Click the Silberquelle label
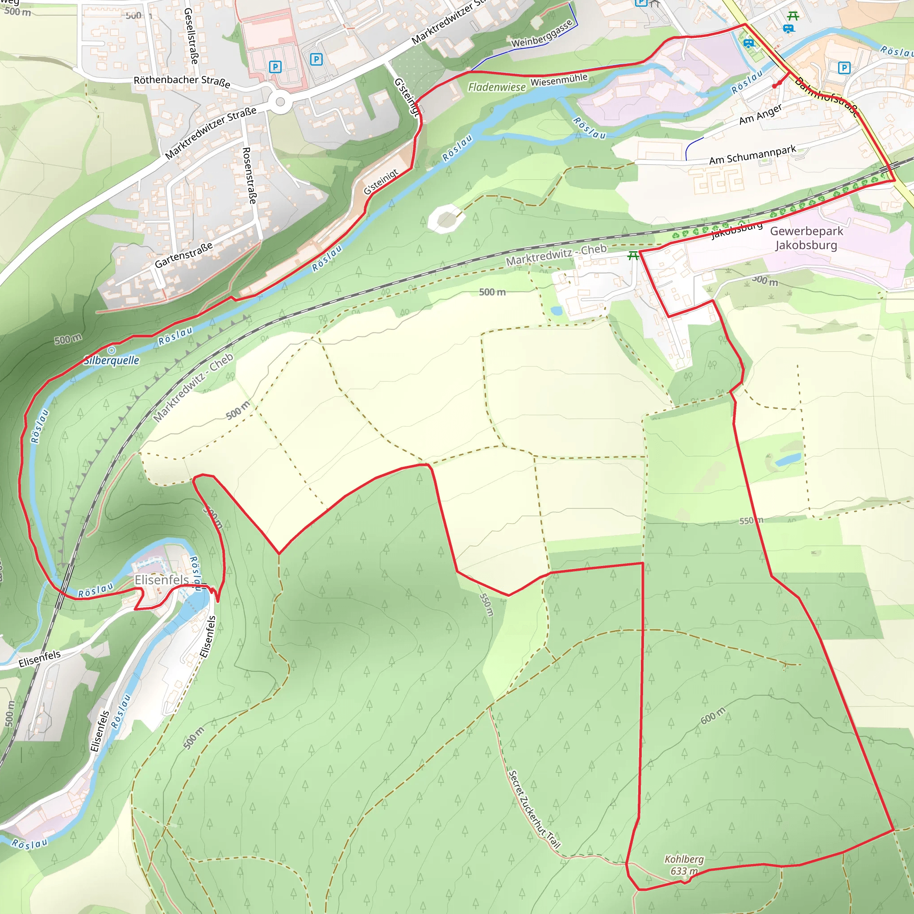coord(112,361)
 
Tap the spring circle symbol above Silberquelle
coord(112,350)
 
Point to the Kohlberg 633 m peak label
coord(684,865)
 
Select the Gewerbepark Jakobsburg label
coord(806,238)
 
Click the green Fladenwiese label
coord(497,87)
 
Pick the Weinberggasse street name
coord(542,34)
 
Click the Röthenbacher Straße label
coord(182,81)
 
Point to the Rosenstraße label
coord(249,175)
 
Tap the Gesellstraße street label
coord(191,36)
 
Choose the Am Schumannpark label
coord(753,155)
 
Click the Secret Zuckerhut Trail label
coord(534,809)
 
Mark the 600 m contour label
coord(712,716)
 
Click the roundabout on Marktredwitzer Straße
coord(281,102)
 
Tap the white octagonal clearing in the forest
coord(446,219)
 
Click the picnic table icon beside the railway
coord(633,256)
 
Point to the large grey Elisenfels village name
coord(162,580)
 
